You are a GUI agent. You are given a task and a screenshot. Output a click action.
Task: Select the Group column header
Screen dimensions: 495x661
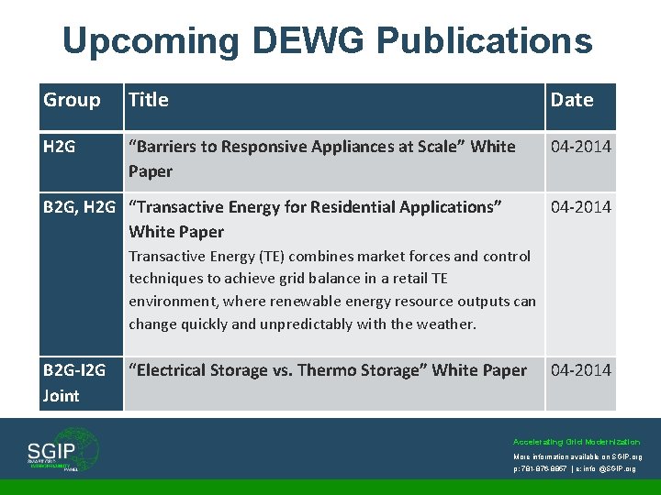click(72, 100)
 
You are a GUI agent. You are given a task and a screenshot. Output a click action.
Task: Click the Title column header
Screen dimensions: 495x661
click(149, 100)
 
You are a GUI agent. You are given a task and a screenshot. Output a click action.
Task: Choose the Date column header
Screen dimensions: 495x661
click(572, 100)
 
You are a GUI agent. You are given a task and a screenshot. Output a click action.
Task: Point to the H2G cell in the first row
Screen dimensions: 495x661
click(60, 147)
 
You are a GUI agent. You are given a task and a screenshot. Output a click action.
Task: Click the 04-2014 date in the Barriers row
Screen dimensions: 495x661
click(580, 147)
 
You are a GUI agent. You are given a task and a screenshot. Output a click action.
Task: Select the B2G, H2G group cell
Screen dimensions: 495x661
click(81, 207)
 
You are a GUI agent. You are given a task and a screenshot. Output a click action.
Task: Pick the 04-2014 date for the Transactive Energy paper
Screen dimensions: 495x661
click(580, 207)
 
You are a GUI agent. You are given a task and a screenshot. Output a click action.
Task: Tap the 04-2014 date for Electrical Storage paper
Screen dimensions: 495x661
click(580, 370)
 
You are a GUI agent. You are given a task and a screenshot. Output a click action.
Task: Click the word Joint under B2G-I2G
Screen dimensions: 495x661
click(62, 396)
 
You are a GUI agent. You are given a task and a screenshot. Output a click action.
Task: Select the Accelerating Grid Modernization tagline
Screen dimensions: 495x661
click(577, 442)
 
